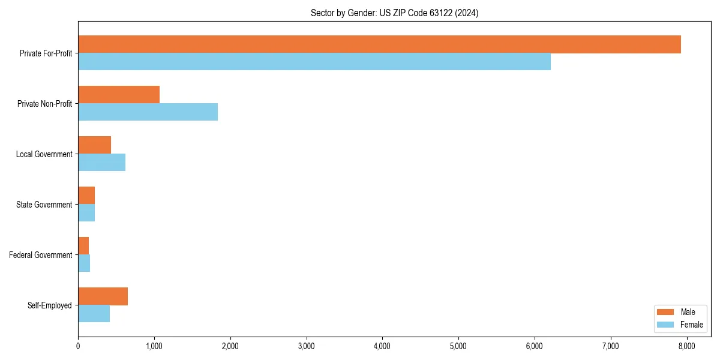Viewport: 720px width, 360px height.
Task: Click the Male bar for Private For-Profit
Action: (379, 44)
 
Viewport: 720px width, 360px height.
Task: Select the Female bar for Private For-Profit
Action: (314, 62)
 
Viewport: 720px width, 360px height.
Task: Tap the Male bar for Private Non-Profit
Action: (119, 95)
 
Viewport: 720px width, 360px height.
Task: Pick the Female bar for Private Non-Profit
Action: (148, 112)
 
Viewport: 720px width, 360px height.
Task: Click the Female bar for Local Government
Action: (101, 163)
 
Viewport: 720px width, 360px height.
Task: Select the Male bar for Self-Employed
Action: (103, 296)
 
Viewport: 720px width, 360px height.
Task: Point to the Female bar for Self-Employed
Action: (94, 314)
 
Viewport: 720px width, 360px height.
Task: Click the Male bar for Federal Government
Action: (83, 246)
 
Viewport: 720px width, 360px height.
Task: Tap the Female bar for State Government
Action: (86, 213)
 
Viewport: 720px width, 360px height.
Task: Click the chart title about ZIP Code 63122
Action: (394, 13)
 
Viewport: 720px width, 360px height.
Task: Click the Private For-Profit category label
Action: (46, 53)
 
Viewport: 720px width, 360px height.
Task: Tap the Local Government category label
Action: (44, 154)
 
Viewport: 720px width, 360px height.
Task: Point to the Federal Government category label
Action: (40, 255)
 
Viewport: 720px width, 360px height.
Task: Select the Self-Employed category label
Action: (49, 305)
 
